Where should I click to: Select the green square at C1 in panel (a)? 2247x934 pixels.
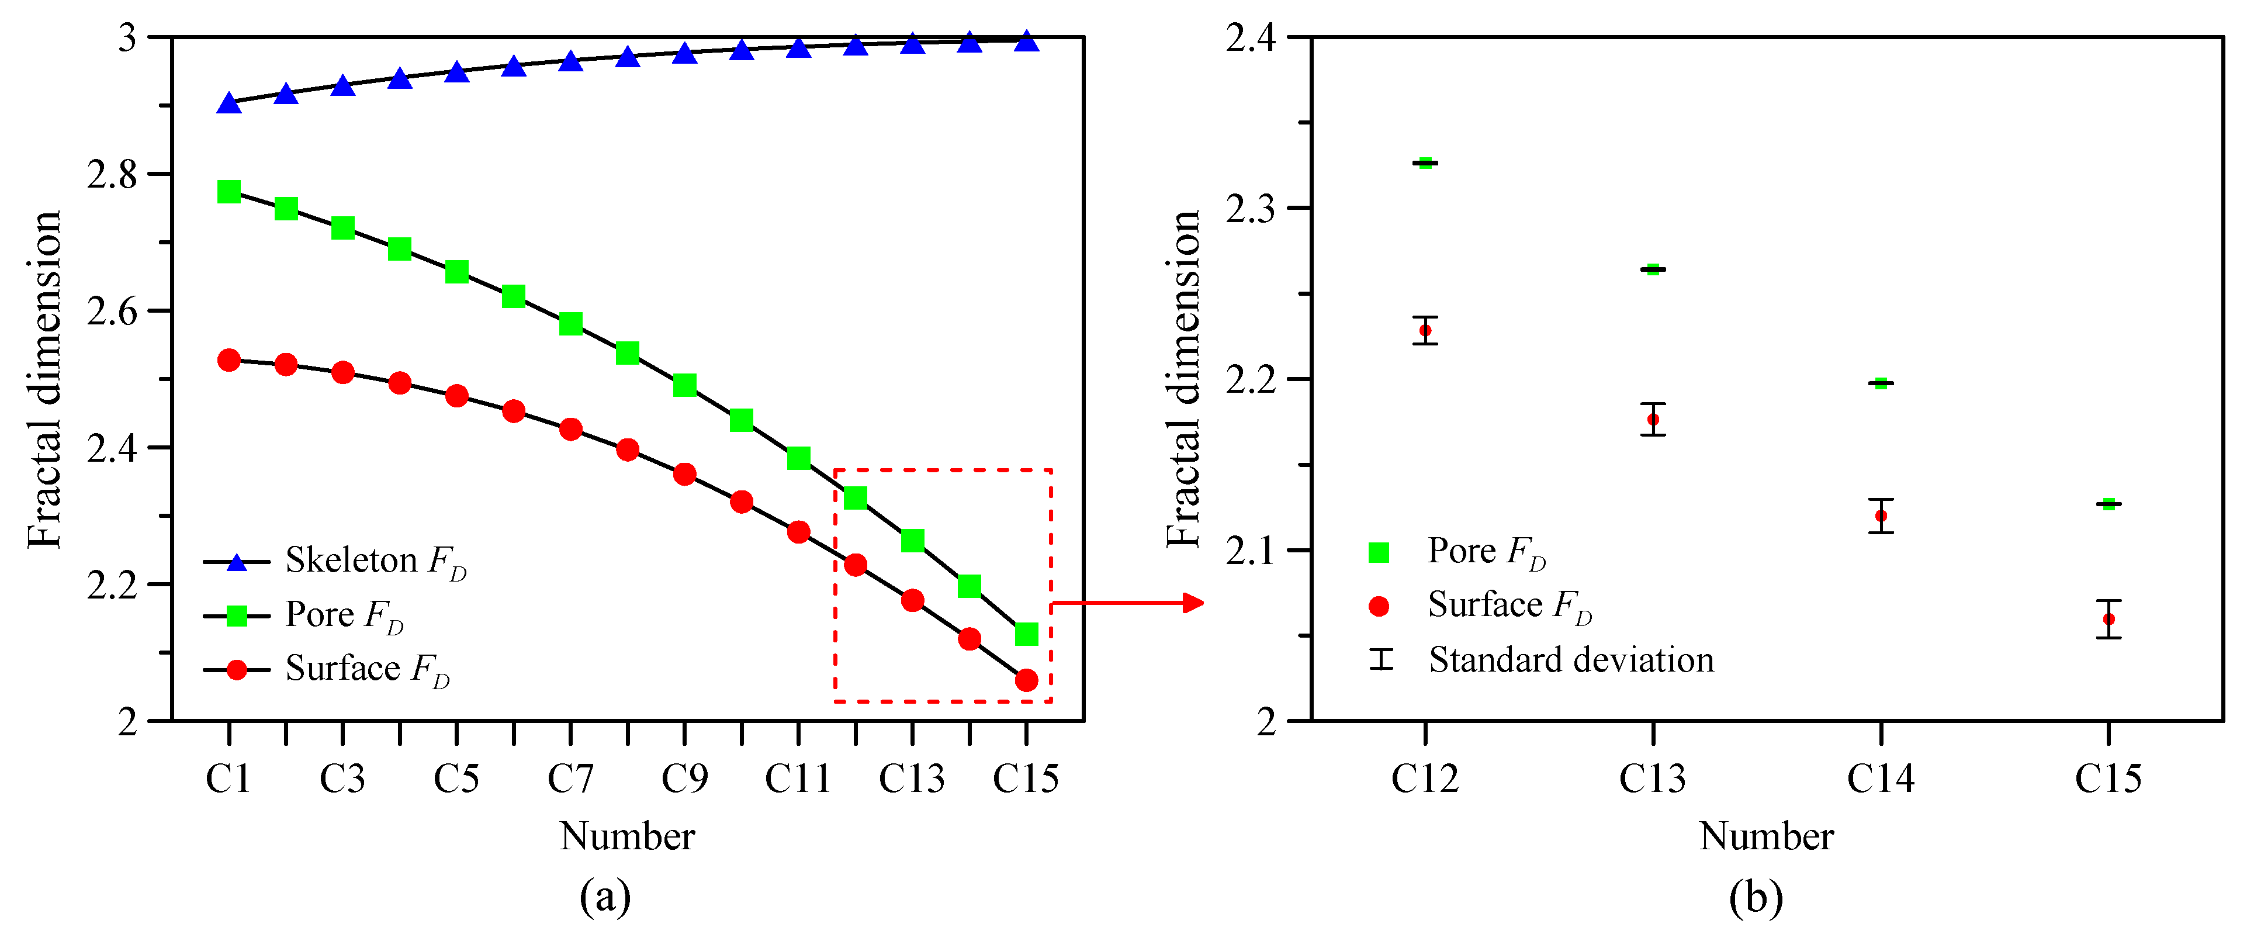click(228, 191)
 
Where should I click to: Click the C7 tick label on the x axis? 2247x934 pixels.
click(570, 779)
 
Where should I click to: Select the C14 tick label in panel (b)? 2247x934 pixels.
click(1880, 779)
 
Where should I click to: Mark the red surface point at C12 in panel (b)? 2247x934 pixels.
click(1424, 330)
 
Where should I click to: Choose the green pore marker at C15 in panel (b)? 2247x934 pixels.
click(2108, 504)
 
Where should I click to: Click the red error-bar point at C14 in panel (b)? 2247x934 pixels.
click(1881, 516)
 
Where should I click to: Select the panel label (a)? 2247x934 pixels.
click(604, 897)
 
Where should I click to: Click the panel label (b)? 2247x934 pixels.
click(1755, 897)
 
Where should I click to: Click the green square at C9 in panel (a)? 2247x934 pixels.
click(685, 385)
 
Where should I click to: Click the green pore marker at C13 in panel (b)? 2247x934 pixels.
click(1652, 269)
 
